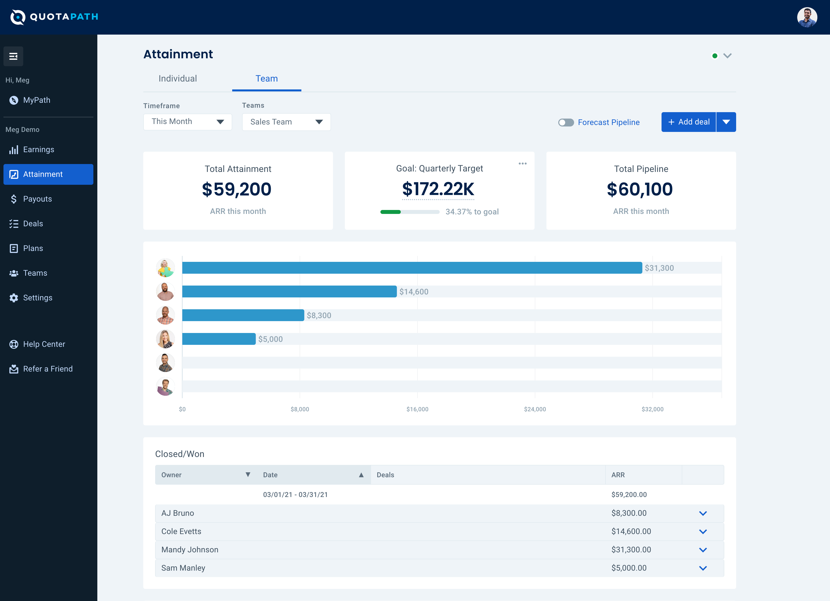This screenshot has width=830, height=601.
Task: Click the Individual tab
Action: click(x=178, y=79)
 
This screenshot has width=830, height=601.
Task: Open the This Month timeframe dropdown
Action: click(x=187, y=122)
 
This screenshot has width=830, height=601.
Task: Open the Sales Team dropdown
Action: click(x=286, y=122)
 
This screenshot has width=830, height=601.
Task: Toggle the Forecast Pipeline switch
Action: click(x=566, y=122)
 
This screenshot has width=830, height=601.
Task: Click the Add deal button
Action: click(x=688, y=122)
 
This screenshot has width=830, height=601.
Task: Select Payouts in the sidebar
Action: click(x=37, y=199)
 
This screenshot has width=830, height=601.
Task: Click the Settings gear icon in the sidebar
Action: click(x=14, y=298)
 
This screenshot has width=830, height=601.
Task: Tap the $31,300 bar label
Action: click(x=659, y=268)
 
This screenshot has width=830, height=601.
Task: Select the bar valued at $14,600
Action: click(x=289, y=292)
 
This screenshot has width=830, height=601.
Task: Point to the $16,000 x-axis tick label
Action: click(x=417, y=409)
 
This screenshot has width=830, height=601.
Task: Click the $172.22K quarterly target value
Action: click(x=438, y=189)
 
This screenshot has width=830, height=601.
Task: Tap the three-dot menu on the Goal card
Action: click(x=522, y=164)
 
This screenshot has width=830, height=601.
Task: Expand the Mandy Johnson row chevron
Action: click(x=703, y=550)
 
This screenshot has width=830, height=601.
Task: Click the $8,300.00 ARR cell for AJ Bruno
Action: click(x=629, y=513)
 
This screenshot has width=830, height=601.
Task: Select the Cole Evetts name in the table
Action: click(x=181, y=531)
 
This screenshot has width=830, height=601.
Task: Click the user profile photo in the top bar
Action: click(x=807, y=17)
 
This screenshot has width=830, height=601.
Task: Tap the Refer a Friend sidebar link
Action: click(x=48, y=369)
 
